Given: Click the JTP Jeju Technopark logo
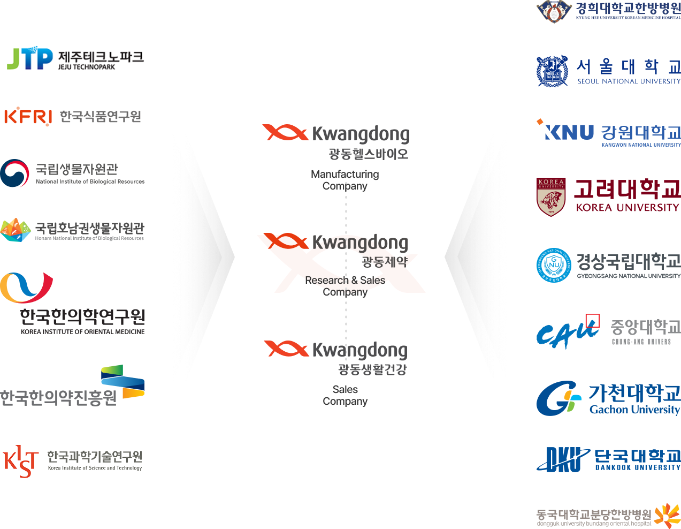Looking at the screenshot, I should [x=30, y=59].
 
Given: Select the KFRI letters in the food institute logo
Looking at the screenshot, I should [x=28, y=116].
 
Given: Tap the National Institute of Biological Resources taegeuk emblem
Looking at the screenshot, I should [x=14, y=173].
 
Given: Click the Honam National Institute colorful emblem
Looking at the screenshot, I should [x=16, y=230].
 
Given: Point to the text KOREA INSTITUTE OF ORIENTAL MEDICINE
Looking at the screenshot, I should [x=82, y=332].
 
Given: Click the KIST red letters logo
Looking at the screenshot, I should [x=21, y=461].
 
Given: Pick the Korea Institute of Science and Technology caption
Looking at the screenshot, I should [x=95, y=468].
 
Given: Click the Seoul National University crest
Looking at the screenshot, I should [x=553, y=71].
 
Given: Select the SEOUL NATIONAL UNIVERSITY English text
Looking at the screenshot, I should [x=629, y=82].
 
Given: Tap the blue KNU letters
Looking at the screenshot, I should [x=568, y=132].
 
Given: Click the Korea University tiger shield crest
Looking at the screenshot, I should [x=551, y=197].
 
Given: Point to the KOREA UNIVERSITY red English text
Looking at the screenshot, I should [x=627, y=207].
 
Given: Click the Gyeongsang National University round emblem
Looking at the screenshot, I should [x=554, y=265].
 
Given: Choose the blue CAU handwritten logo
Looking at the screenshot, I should [x=567, y=334].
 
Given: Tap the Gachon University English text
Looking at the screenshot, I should [x=634, y=410].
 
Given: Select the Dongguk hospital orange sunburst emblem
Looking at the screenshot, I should [x=667, y=516].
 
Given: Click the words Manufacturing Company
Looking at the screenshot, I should [x=345, y=180].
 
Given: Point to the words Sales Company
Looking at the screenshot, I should [x=345, y=395].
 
